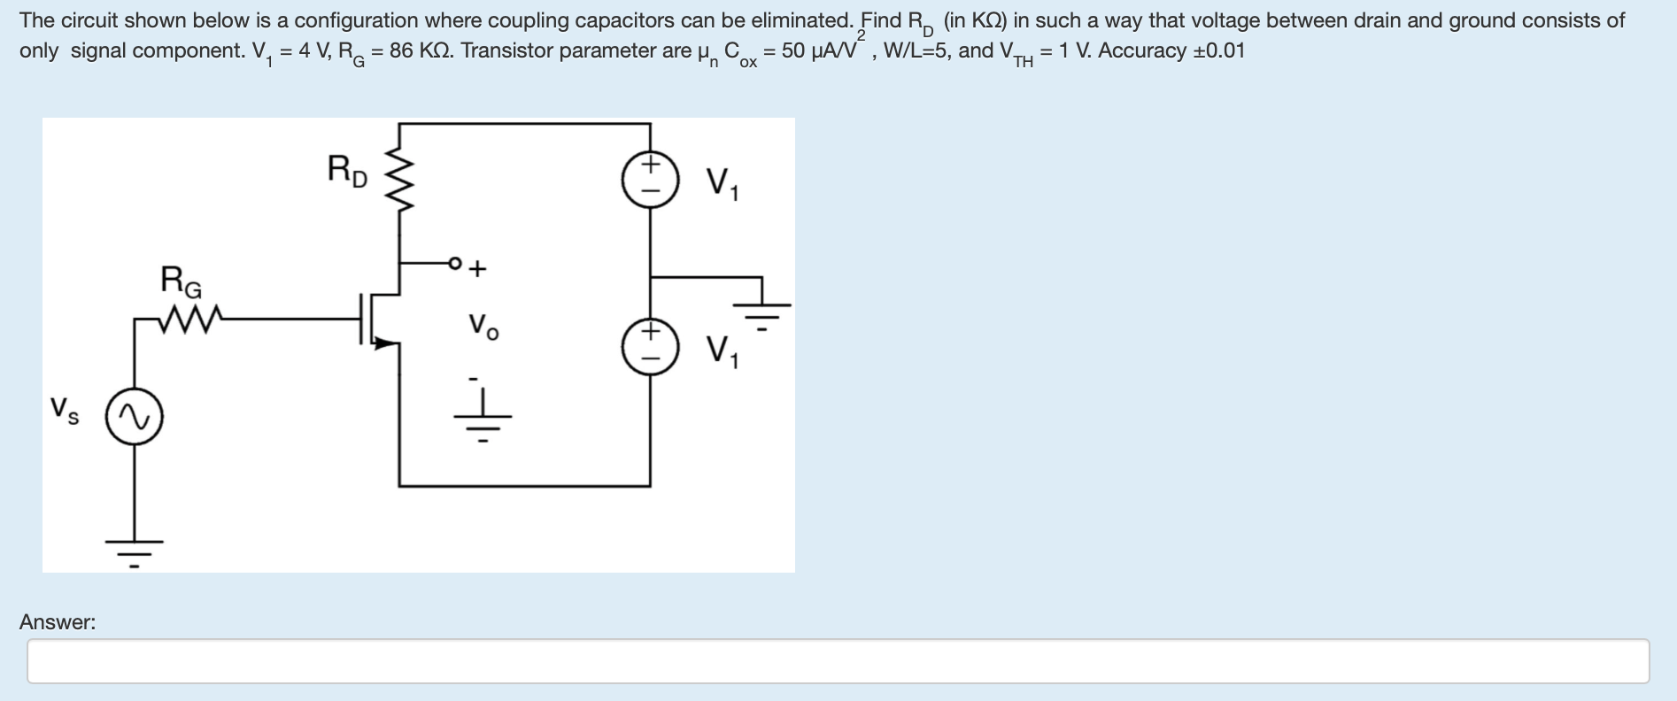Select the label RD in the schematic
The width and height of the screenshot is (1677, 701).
[346, 170]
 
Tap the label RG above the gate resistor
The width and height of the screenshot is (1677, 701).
[181, 281]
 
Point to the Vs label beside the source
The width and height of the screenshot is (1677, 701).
[64, 409]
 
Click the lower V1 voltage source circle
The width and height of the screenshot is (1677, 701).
[651, 346]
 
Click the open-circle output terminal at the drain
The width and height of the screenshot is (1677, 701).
[455, 263]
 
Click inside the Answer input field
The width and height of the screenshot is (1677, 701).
[838, 661]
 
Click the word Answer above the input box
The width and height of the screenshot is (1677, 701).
[58, 622]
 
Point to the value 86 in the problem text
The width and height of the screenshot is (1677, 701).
[401, 50]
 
